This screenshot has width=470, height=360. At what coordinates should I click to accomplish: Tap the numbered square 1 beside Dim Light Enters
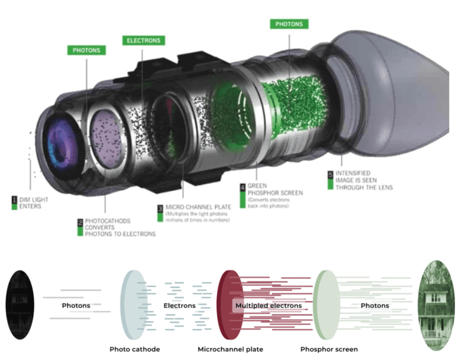pos(15,200)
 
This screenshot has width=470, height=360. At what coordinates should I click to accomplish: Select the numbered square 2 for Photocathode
pos(80,221)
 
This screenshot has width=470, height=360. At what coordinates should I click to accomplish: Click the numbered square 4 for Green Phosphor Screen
pos(242,187)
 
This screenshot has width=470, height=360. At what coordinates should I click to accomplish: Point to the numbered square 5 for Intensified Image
pos(330,174)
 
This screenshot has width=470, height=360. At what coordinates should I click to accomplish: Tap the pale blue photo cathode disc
pos(132,304)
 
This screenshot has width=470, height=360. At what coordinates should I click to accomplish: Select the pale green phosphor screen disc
pos(327,305)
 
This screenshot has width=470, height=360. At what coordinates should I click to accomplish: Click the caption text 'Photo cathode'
pos(135,349)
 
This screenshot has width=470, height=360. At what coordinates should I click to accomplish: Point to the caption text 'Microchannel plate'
pos(230,349)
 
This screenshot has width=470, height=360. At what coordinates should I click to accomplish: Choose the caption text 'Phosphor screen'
pos(328,349)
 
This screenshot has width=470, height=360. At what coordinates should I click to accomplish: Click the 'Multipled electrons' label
pos(268,305)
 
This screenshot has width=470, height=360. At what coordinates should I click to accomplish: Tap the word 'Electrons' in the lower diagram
pos(179,305)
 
